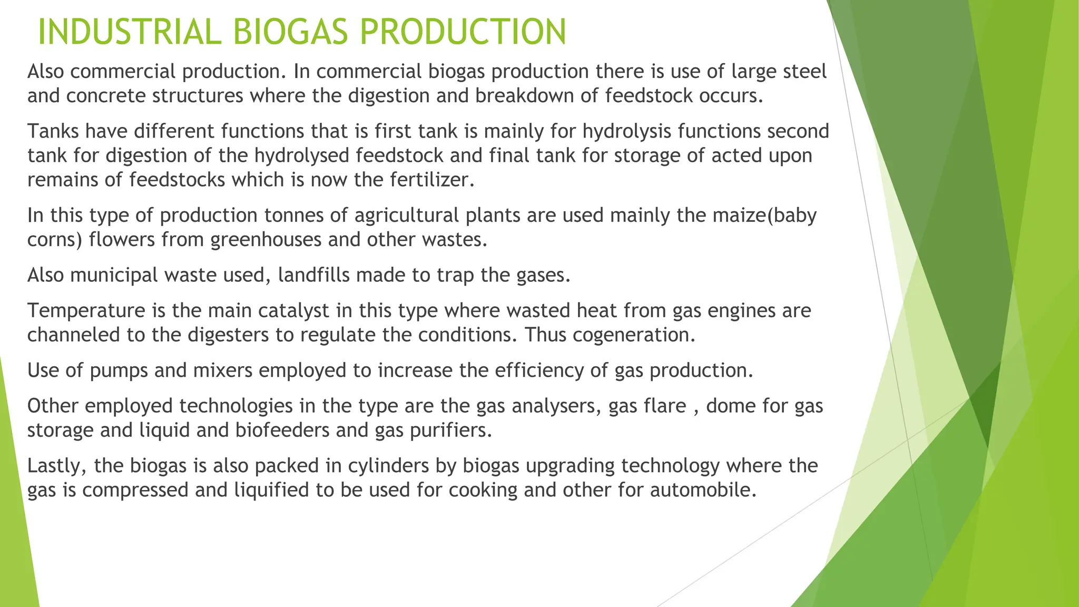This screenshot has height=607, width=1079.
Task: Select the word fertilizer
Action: pos(432,180)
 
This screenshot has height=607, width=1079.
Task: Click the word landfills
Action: pos(318,275)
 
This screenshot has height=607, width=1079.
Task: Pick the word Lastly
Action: pos(57,466)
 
